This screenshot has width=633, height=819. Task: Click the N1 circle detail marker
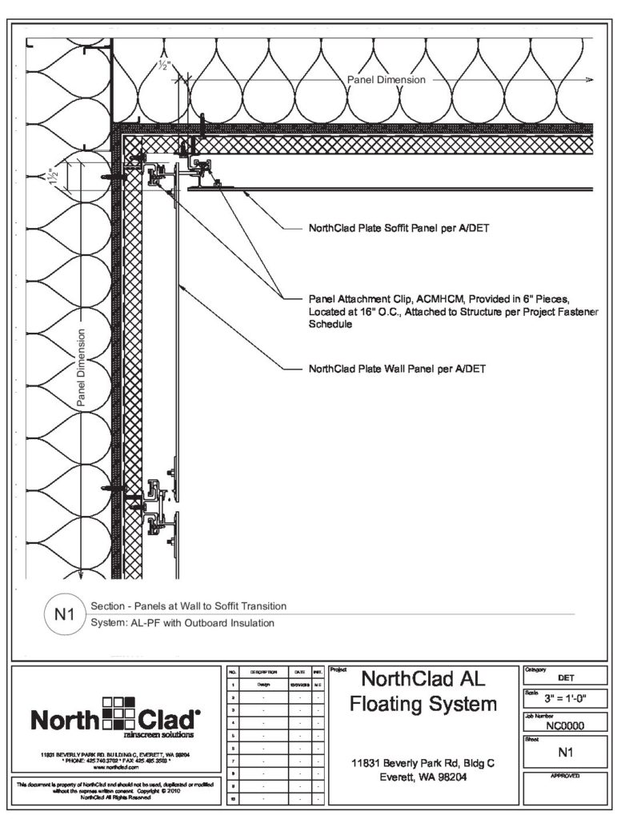(62, 616)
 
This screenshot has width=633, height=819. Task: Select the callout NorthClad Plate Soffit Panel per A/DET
(399, 228)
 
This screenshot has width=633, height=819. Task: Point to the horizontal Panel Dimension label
(386, 80)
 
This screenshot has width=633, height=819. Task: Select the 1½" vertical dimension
(55, 177)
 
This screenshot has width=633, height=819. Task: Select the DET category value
(566, 677)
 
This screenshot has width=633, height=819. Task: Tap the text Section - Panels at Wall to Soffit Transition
(189, 606)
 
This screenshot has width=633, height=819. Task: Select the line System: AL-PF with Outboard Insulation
(183, 623)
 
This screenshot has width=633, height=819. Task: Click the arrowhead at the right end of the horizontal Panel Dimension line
(590, 81)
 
